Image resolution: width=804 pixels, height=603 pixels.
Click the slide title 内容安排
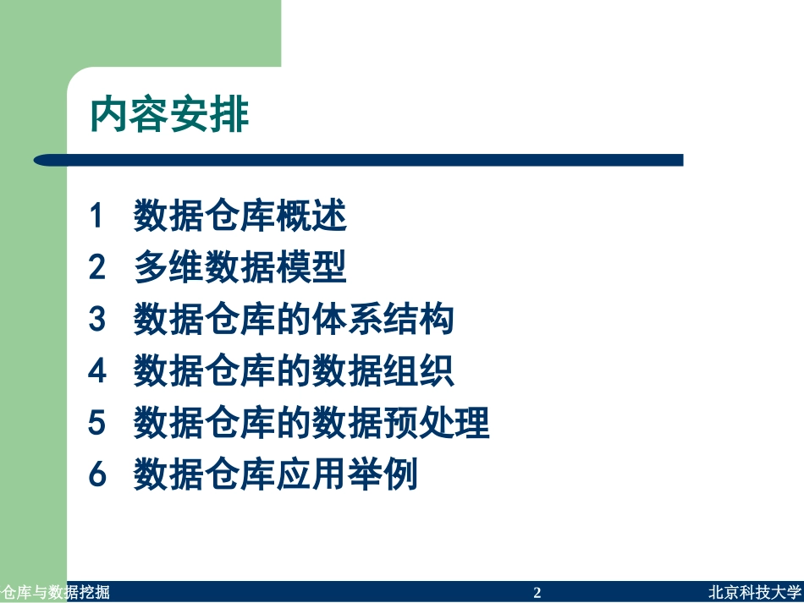(x=170, y=115)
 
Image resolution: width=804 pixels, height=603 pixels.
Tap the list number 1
(x=97, y=217)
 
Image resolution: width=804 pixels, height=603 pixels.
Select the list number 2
(x=97, y=269)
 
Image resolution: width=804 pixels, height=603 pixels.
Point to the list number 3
(x=97, y=321)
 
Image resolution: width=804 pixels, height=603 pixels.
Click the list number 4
(x=97, y=372)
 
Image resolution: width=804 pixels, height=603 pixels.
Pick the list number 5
(x=97, y=424)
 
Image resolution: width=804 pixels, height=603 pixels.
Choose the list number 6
(x=97, y=475)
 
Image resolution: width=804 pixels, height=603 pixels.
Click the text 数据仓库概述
(x=240, y=217)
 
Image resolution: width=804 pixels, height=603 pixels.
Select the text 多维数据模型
(x=240, y=269)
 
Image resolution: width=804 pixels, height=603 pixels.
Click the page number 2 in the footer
(x=537, y=593)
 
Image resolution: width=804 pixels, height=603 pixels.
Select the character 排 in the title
(x=231, y=115)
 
